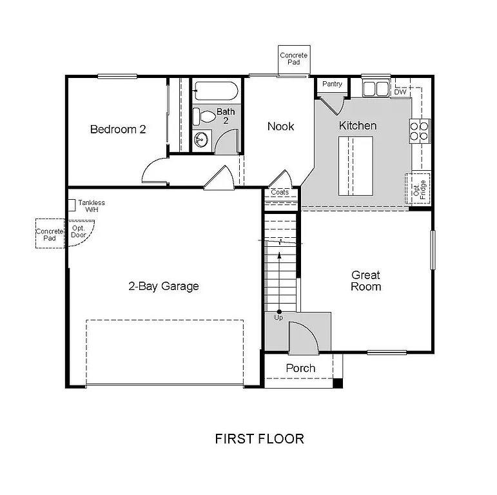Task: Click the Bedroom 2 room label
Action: pyautogui.click(x=118, y=129)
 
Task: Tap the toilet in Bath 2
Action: pyautogui.click(x=206, y=117)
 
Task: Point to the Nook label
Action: pyautogui.click(x=280, y=126)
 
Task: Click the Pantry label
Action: pyautogui.click(x=332, y=84)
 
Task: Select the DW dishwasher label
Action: pyautogui.click(x=400, y=92)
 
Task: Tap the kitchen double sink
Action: pyautogui.click(x=376, y=88)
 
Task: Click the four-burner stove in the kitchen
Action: pyautogui.click(x=420, y=131)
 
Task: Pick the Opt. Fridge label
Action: pyautogui.click(x=418, y=187)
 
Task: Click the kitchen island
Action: pyautogui.click(x=356, y=165)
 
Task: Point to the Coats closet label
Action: pyautogui.click(x=280, y=192)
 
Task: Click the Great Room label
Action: pyautogui.click(x=365, y=281)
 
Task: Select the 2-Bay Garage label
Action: pyautogui.click(x=163, y=286)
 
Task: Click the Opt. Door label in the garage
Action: pyautogui.click(x=79, y=231)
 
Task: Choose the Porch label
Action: pyautogui.click(x=300, y=368)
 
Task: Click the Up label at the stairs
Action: pyautogui.click(x=278, y=318)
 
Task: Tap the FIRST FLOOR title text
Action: pyautogui.click(x=259, y=439)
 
